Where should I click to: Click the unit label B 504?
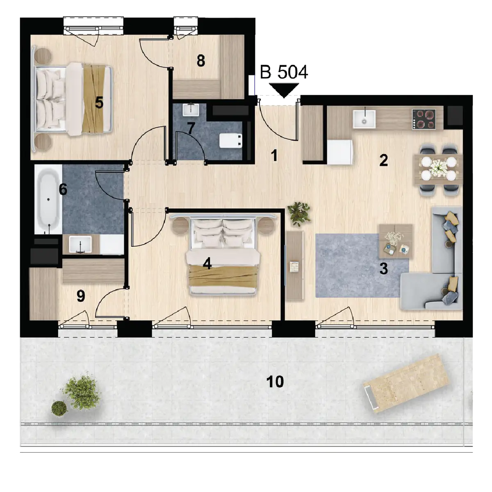[x=284, y=72]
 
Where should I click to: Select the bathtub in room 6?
[x=48, y=199]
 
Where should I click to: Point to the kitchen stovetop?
[x=424, y=119]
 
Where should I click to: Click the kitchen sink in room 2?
[x=364, y=119]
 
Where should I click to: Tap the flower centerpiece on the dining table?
[x=438, y=168]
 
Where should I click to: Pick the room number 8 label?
[x=201, y=61]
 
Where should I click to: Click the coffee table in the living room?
[x=396, y=241]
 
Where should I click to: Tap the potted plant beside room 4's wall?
[x=299, y=214]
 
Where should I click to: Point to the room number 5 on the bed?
[x=99, y=103]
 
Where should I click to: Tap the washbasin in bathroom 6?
[x=80, y=244]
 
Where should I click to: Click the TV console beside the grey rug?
[x=295, y=266]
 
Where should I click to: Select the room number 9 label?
[x=81, y=296]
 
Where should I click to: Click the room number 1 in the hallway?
[x=274, y=155]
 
